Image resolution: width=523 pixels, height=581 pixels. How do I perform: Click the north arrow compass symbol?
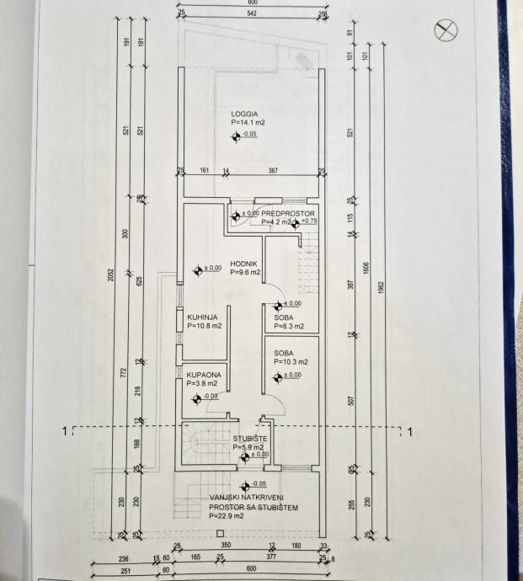point(444,31)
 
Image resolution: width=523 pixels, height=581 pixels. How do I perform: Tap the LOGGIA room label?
point(244,112)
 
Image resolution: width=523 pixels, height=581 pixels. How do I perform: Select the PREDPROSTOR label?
point(288,214)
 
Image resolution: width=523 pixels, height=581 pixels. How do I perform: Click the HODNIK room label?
point(243,263)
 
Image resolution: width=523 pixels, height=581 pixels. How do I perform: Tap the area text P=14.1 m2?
point(247,122)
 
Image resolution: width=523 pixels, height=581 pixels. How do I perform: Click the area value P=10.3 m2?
point(291,361)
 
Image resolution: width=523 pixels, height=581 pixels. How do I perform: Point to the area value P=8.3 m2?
point(288,326)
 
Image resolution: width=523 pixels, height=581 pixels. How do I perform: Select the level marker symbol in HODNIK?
point(197,270)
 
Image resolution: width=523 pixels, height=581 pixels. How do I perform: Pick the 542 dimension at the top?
point(248,14)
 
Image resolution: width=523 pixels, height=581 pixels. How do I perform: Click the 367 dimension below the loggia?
point(273,171)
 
